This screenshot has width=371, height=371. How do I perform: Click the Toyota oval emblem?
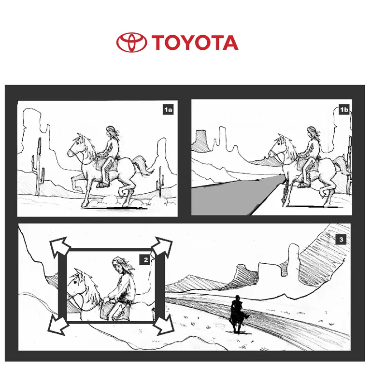coord(131,43)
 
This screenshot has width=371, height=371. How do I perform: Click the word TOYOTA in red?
coord(195,43)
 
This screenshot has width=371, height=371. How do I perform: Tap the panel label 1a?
coord(168,110)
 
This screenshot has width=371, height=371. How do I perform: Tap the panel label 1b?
coord(344,110)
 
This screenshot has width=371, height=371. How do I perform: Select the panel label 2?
coord(146,260)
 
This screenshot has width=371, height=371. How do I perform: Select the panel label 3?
coord(341,239)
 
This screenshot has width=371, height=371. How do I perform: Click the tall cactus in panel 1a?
coord(38,167)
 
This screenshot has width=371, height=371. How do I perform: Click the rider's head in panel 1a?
coord(112,132)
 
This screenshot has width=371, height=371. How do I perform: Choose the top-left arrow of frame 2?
coord(59,247)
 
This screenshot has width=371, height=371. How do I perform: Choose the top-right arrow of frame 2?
coord(162,247)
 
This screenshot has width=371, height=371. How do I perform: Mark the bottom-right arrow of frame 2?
coord(164,325)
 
